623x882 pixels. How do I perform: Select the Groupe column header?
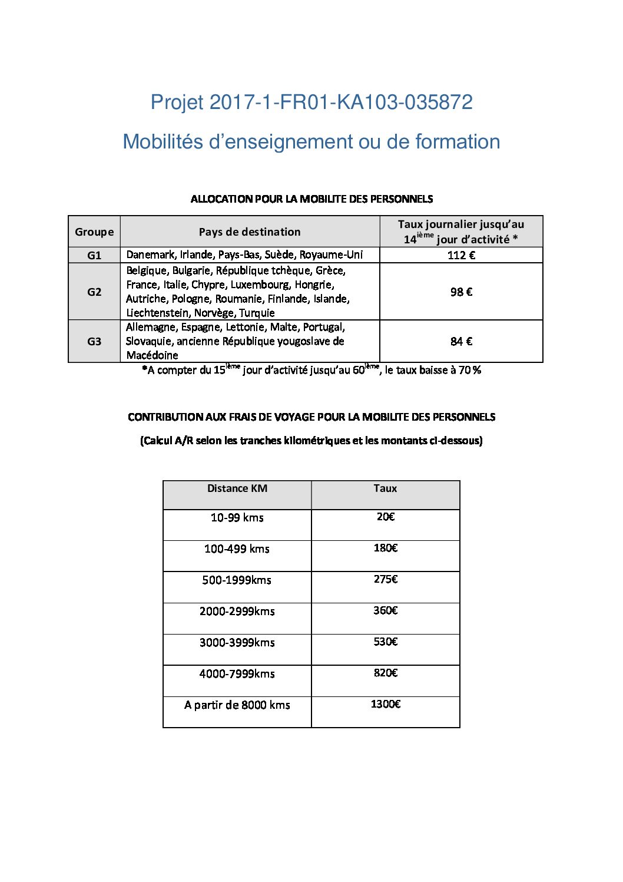(94, 232)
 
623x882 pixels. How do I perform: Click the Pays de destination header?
(250, 232)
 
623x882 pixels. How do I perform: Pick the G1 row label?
(94, 255)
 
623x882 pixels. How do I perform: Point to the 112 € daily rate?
(461, 255)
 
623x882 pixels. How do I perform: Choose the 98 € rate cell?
(461, 292)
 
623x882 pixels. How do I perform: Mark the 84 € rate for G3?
(461, 341)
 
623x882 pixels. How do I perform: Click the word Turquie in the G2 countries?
(257, 313)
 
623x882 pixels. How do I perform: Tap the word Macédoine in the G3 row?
(152, 355)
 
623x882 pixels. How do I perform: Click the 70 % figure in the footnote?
(470, 370)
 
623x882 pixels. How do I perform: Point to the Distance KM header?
(237, 488)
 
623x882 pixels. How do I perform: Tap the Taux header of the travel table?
(385, 488)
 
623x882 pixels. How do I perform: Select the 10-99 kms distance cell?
(237, 518)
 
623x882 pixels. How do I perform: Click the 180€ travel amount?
(386, 548)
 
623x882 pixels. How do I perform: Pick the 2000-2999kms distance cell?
(237, 612)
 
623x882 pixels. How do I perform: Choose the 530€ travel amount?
(386, 642)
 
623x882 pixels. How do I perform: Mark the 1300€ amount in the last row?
(386, 704)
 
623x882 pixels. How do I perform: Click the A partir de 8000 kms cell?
(237, 705)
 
